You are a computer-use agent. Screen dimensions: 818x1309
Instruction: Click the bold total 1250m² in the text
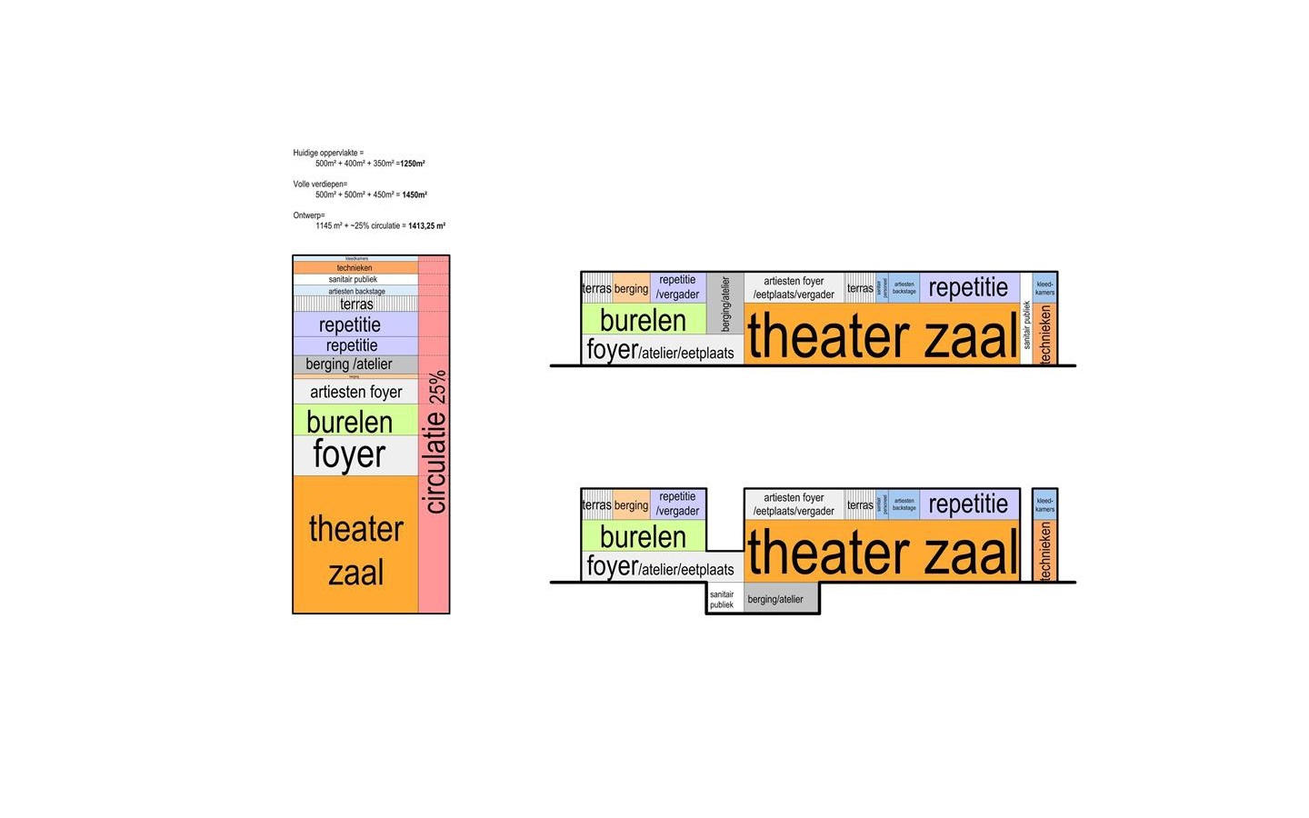[413, 164]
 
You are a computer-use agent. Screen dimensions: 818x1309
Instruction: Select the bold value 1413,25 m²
[426, 225]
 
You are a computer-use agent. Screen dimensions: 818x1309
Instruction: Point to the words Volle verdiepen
[319, 184]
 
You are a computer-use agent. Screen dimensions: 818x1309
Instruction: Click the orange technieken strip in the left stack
[355, 268]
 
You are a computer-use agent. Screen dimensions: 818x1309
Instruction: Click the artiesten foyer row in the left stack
[355, 392]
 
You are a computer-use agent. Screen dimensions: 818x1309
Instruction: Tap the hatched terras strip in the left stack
[355, 304]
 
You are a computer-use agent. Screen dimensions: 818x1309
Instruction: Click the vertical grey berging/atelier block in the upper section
[725, 304]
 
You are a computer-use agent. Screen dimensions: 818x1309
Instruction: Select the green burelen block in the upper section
[643, 320]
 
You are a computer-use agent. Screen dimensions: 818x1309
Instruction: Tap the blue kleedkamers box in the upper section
[1044, 287]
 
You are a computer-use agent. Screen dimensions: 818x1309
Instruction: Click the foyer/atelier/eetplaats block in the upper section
[661, 350]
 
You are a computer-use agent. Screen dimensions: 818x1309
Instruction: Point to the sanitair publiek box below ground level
[724, 599]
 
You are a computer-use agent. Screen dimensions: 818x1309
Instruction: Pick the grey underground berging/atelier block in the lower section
[780, 599]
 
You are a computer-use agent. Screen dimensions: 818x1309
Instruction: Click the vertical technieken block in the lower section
[1044, 551]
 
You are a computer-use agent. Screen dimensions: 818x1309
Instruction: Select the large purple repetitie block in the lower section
[968, 504]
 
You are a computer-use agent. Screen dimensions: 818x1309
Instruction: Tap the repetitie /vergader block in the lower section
[678, 504]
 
